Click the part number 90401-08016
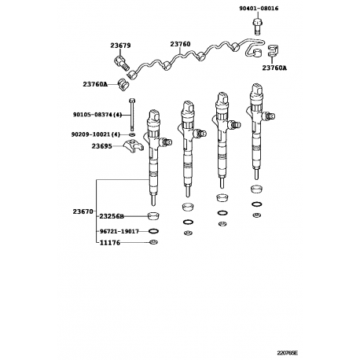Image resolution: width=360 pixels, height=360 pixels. pos(259,9)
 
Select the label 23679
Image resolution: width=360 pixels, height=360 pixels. pos(120,46)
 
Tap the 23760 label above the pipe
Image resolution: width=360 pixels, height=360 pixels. pos(180,44)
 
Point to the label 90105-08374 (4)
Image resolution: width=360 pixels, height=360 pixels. pos(97,115)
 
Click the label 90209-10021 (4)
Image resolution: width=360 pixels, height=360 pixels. pos(96,134)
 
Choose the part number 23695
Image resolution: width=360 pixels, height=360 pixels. pos(101,146)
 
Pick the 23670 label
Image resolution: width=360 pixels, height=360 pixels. pos(83,211)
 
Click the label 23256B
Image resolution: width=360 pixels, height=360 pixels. pos(112,216)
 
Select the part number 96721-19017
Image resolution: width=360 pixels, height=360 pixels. pos(119,231)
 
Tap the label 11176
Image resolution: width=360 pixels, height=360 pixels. pos(110,243)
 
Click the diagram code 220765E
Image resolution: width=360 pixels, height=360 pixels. pos(288,353)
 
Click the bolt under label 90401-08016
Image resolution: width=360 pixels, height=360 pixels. pos(258,27)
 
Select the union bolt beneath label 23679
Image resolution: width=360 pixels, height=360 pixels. pos(122,63)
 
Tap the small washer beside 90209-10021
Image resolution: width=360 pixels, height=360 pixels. pos(132,134)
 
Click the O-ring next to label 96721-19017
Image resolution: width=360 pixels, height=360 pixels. pos(153,231)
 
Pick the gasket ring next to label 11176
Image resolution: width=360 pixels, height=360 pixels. pos(153,242)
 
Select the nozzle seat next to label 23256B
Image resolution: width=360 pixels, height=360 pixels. pos(153,215)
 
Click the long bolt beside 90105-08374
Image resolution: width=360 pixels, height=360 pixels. pos(131,114)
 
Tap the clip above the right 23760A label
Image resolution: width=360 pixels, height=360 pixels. pos(273,50)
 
